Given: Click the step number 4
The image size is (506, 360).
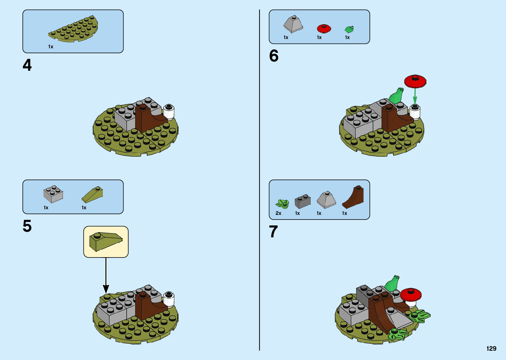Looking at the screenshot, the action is pos(27,65).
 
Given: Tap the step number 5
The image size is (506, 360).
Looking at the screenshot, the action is pos(27,226).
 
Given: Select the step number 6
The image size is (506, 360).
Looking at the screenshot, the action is pos(274,56).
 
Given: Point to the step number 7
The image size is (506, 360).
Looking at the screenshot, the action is pos(273,232).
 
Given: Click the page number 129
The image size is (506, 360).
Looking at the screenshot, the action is pos(491,348).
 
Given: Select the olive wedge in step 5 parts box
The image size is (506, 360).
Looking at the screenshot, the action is pos(92,195).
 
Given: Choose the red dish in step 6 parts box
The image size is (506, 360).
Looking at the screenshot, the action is pos(324,28).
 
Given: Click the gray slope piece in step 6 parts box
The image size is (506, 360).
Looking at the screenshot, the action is pos(293,24).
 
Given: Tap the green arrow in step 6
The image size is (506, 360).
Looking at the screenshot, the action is pos(415,96).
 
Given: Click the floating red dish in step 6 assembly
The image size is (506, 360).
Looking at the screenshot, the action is pos(415,81).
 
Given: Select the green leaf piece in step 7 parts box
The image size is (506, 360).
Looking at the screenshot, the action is pos(283,204).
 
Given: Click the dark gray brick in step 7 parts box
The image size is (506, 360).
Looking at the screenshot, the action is pos(302,201).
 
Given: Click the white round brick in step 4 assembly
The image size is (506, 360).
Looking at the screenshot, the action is pos(169,111).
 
